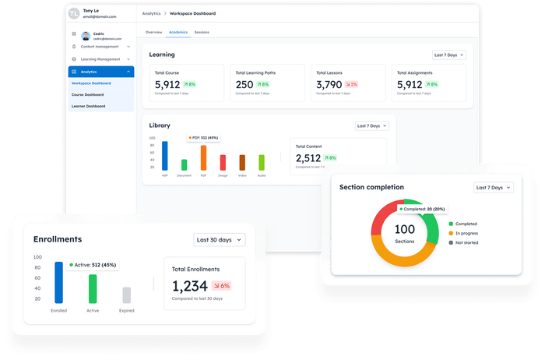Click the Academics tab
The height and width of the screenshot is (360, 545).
point(178,32)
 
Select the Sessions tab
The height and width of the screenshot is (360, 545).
point(202,32)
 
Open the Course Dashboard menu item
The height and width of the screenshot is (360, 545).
point(87,94)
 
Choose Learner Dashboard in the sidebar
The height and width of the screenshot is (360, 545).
point(88,106)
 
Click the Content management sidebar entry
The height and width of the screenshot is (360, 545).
point(102,47)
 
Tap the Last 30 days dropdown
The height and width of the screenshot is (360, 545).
point(220,240)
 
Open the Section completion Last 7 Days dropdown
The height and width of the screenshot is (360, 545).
point(494,188)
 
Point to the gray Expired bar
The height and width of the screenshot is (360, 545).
point(126,295)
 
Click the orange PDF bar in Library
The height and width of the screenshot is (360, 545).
point(203,157)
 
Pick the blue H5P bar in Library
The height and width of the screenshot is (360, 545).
point(164,156)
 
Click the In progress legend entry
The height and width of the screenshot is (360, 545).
point(466,232)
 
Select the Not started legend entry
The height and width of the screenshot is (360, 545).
point(467,242)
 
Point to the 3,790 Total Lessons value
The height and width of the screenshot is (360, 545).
point(329,84)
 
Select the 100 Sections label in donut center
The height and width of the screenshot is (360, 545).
point(405,233)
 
